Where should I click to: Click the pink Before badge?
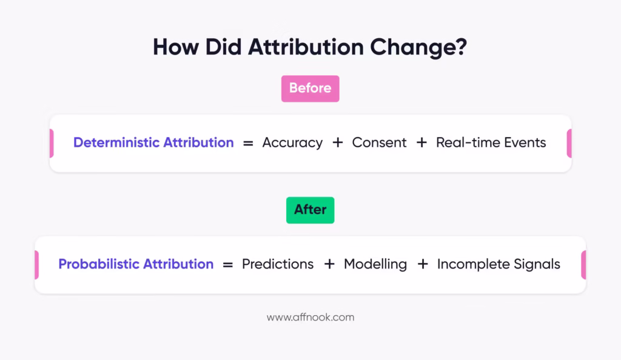pos(310,88)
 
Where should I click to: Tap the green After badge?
pos(310,210)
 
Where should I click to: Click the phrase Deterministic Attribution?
pos(153,143)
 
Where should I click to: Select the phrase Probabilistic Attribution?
pos(136,264)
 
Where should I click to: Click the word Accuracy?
pos(292,143)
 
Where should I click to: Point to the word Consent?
pos(379,143)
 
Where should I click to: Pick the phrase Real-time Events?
pos(491,143)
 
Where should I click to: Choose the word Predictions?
pos(278,264)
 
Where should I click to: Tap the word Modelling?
pos(375,264)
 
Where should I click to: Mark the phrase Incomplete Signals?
pos(498,264)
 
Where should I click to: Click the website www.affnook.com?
pos(310,317)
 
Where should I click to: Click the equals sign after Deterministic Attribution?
pos(247,144)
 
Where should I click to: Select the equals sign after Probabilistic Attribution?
pos(227,265)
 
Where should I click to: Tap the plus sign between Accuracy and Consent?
pos(337,143)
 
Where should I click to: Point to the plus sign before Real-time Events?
pos(421,143)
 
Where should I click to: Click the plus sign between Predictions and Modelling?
pos(329,264)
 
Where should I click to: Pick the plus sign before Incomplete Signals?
pos(423,264)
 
